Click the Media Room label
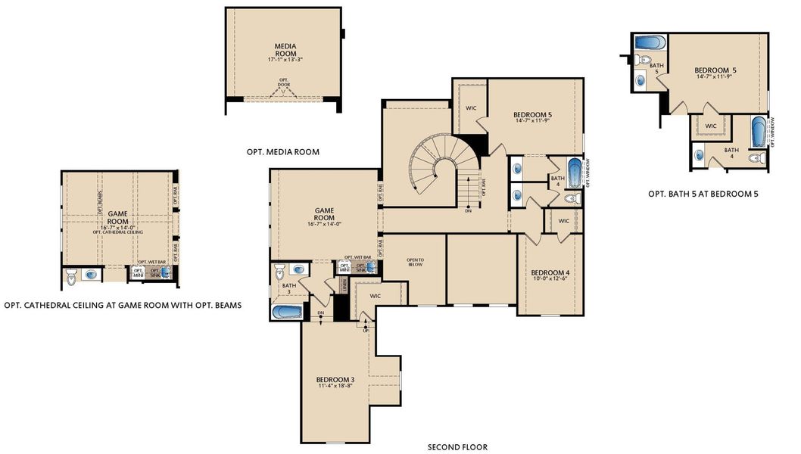tap(284, 50)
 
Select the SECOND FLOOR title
tap(457, 446)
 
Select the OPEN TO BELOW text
tap(416, 263)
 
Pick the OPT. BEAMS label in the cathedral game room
tap(100, 197)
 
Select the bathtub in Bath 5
tap(650, 42)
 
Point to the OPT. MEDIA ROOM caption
tap(282, 152)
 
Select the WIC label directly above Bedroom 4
tap(564, 221)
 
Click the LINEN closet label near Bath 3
tap(344, 285)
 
